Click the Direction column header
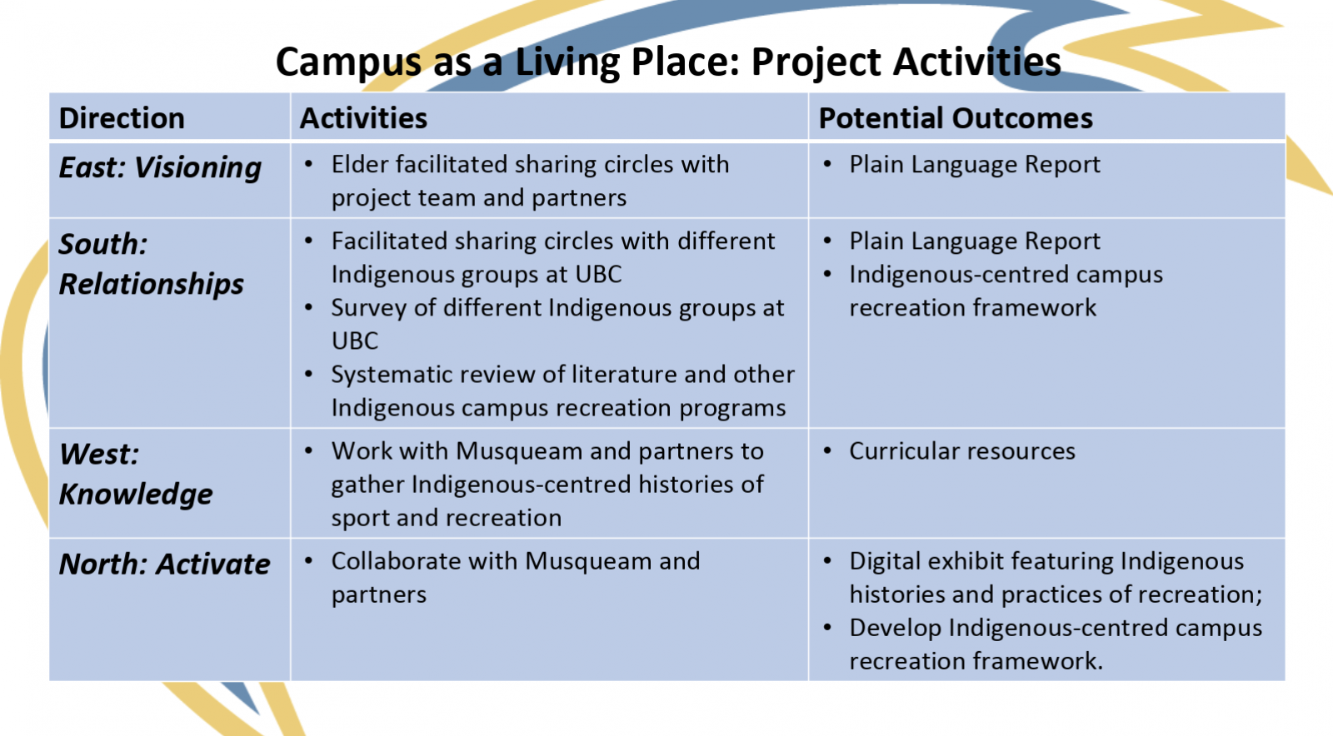[x=122, y=117]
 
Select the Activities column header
[x=363, y=117]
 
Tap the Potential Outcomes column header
[x=956, y=117]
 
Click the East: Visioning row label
[x=160, y=167]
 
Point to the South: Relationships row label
[x=151, y=263]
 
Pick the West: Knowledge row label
[x=136, y=474]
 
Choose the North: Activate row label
[x=164, y=564]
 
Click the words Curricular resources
[x=962, y=450]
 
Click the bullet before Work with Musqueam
[x=309, y=450]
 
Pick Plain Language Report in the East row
[x=975, y=165]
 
